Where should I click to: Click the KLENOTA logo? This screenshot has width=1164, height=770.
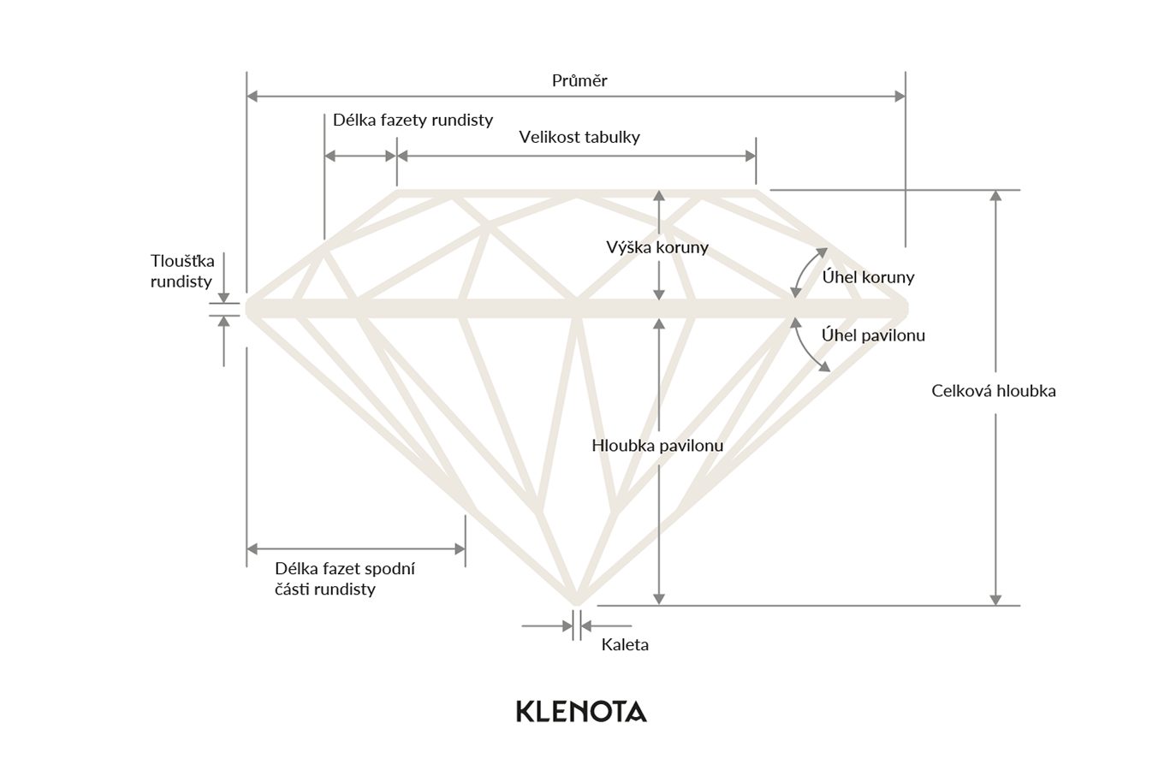tap(581, 711)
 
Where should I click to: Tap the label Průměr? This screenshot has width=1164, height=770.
tap(579, 80)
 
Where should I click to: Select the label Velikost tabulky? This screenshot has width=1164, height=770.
tap(579, 137)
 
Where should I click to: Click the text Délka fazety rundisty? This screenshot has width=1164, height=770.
tap(413, 120)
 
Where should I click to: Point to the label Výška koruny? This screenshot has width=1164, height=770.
tap(656, 248)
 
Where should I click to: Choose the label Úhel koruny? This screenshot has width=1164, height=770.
tap(868, 277)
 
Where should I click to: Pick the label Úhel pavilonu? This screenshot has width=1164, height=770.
tap(873, 335)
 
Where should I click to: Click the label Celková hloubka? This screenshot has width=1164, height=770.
tap(994, 391)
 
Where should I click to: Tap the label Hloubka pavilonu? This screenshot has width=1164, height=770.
tap(657, 446)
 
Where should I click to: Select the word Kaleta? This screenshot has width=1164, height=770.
tap(625, 645)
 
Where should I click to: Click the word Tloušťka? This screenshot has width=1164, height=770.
tap(182, 261)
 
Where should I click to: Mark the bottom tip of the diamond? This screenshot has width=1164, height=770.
tap(577, 599)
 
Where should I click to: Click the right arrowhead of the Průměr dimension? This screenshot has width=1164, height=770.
tap(900, 97)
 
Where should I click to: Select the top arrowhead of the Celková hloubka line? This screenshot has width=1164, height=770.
tap(995, 196)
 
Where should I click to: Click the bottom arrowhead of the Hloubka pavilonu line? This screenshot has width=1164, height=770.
tap(658, 599)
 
